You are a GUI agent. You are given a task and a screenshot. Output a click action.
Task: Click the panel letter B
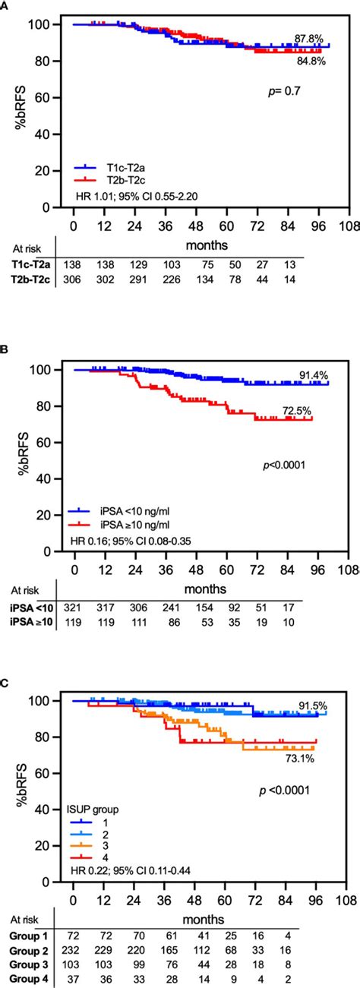[5, 352]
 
